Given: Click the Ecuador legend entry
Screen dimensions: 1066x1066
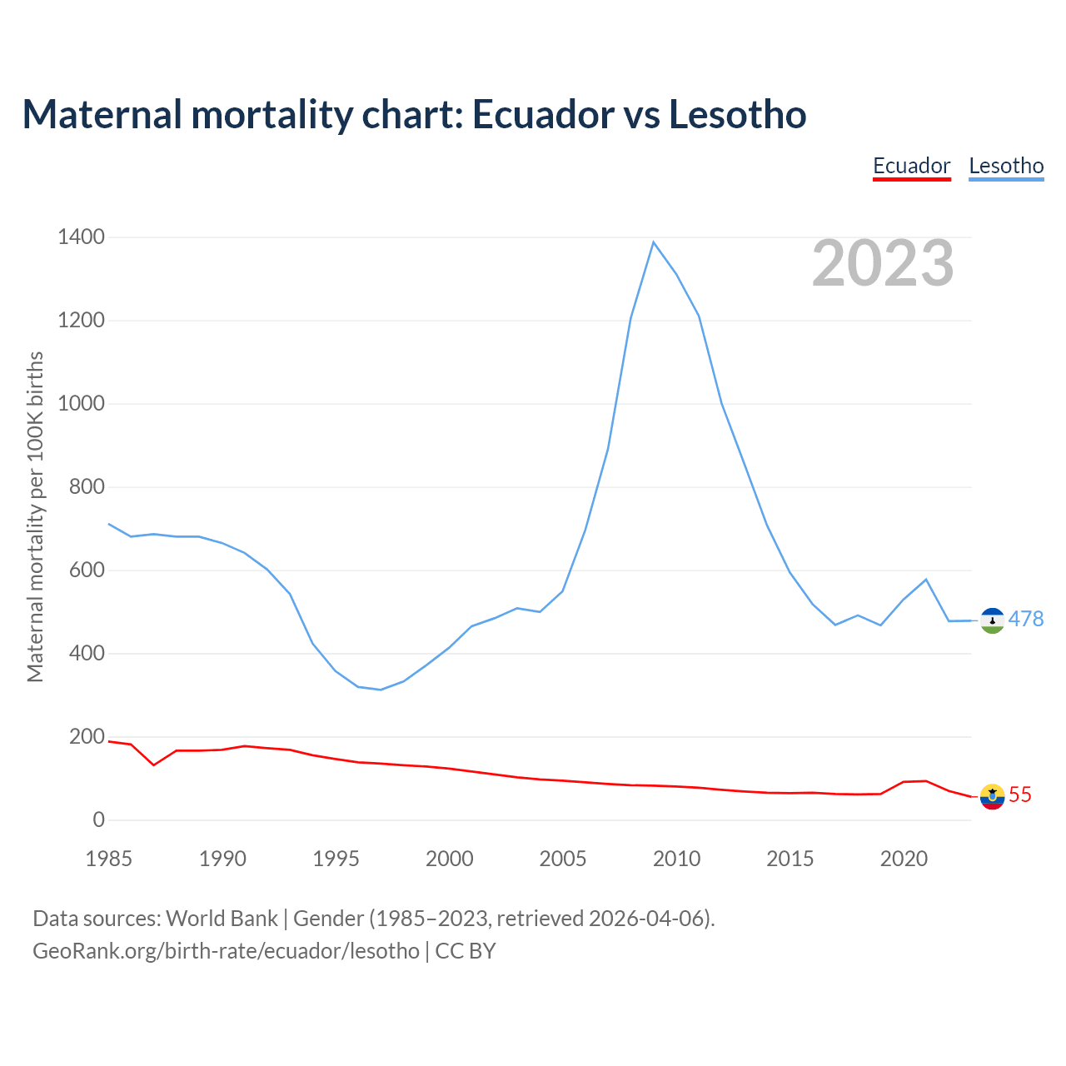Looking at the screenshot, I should click(911, 166).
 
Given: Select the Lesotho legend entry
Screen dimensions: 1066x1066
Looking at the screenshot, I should click(1006, 166).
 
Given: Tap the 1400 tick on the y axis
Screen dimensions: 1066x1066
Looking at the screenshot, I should click(82, 237).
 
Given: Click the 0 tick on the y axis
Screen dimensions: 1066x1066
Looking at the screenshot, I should click(99, 820).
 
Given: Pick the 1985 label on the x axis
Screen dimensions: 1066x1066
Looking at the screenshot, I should click(109, 859).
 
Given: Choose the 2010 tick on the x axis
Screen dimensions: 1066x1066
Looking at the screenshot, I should click(676, 859).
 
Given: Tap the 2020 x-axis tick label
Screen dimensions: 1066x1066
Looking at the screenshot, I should click(904, 859).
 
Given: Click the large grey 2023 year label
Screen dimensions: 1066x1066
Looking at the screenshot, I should click(883, 263).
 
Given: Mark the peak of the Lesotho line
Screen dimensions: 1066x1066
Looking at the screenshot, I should click(654, 242).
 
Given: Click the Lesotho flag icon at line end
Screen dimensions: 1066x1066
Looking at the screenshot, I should click(992, 620).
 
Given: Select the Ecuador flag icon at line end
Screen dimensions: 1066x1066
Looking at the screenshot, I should click(992, 796).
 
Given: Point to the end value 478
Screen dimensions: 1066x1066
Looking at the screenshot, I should click(1026, 619).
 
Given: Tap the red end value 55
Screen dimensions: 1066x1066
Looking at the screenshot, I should click(1020, 795).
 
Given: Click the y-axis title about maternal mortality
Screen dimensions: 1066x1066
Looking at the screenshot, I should click(35, 516).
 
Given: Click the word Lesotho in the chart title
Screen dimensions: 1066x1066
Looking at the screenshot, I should click(738, 115).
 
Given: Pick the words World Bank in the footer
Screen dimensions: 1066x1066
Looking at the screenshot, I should click(222, 919).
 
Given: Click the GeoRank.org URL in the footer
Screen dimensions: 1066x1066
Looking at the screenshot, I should click(226, 951).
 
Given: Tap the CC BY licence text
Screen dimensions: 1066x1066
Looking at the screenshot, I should click(466, 951).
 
